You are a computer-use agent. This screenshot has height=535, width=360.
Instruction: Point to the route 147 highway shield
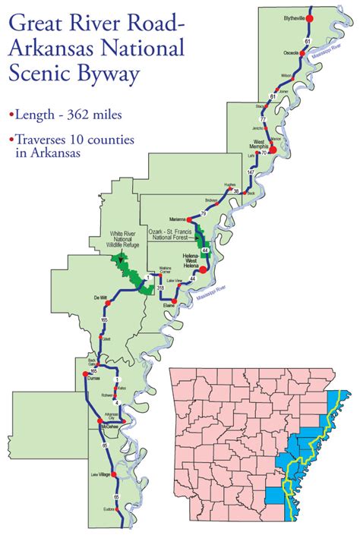pos(251,174)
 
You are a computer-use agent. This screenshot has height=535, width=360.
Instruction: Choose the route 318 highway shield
pos(160,288)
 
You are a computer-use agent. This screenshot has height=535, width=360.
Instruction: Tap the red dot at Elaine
pos(174,301)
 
